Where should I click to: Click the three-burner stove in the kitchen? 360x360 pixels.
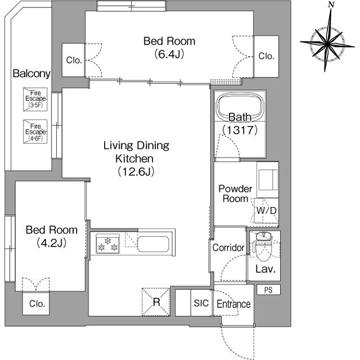pyautogui.click(x=107, y=244)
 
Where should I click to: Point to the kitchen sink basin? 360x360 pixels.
pyautogui.click(x=154, y=244)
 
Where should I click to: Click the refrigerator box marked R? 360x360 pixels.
pyautogui.click(x=156, y=301)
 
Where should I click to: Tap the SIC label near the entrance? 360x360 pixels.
pyautogui.click(x=201, y=303)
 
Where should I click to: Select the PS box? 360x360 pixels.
pyautogui.click(x=268, y=290)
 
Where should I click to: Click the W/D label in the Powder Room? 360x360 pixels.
pyautogui.click(x=266, y=210)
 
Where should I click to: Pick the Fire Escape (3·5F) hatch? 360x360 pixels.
pyautogui.click(x=35, y=99)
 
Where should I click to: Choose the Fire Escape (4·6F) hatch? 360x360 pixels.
pyautogui.click(x=35, y=132)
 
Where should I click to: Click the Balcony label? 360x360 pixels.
pyautogui.click(x=31, y=74)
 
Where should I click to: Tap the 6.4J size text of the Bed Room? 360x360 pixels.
pyautogui.click(x=169, y=54)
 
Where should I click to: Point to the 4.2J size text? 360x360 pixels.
pyautogui.click(x=52, y=242)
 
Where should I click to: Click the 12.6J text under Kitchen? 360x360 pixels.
pyautogui.click(x=136, y=171)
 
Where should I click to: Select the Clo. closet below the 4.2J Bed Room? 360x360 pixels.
pyautogui.click(x=36, y=303)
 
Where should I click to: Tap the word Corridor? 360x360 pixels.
pyautogui.click(x=228, y=247)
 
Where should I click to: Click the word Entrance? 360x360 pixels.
pyautogui.click(x=233, y=304)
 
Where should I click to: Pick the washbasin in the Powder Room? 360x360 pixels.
pyautogui.click(x=268, y=180)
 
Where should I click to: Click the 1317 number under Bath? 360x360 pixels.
pyautogui.click(x=240, y=130)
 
